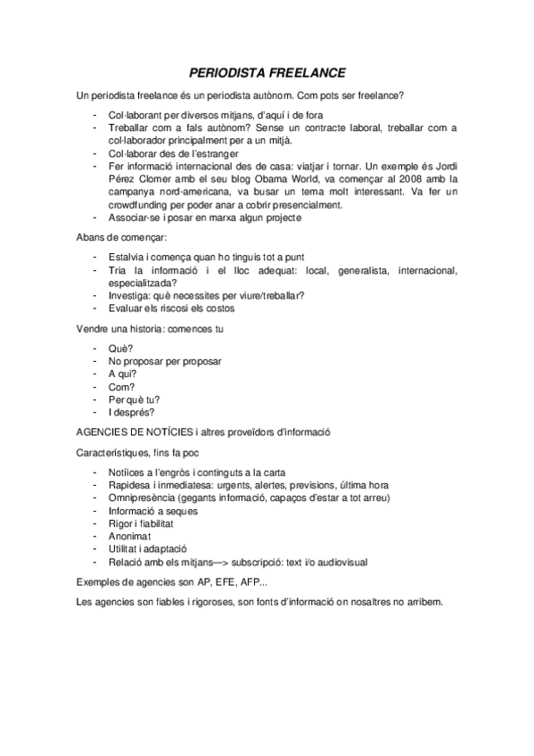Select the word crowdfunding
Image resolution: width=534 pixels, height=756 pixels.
pos(147,204)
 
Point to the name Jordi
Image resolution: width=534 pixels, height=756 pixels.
pos(442,166)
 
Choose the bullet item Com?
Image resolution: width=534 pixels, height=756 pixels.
pos(122,387)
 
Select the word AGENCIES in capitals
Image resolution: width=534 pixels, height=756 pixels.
pos(107,432)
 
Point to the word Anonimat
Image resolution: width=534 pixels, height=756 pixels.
pos(132,536)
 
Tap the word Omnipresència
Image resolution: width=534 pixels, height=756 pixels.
pos(142,497)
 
